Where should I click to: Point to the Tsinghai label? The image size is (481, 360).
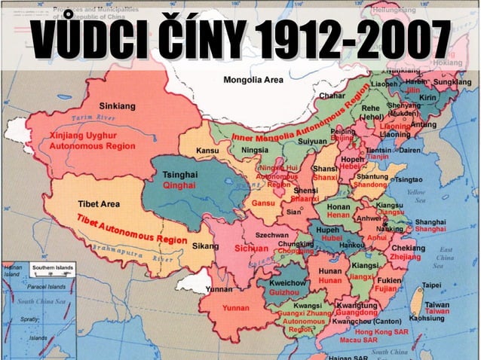pyautogui.click(x=179, y=174)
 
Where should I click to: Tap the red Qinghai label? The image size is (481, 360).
pyautogui.click(x=179, y=185)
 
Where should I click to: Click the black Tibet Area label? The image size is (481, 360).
pyautogui.click(x=101, y=204)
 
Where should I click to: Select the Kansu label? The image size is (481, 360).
pyautogui.click(x=209, y=151)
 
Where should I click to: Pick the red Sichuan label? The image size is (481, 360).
pyautogui.click(x=252, y=248)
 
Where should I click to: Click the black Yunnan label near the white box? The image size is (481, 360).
pyautogui.click(x=219, y=288)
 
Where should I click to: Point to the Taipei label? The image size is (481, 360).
pyautogui.click(x=432, y=285)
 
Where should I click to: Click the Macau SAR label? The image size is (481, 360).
pyautogui.click(x=359, y=340)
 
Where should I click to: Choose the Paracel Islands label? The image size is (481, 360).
pyautogui.click(x=47, y=286)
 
